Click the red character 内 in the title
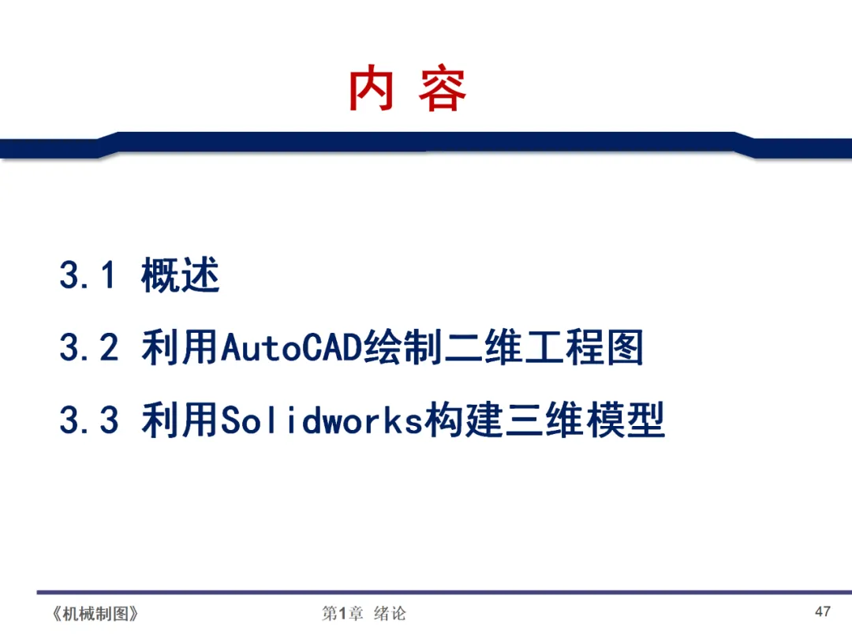[x=372, y=90]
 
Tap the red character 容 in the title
[x=442, y=90]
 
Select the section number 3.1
[x=88, y=276]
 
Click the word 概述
[x=181, y=276]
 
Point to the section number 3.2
[x=88, y=348]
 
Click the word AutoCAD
[x=291, y=348]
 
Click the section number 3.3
[x=88, y=420]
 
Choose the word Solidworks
[x=322, y=420]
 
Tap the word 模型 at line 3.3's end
[x=626, y=420]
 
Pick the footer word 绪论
[x=390, y=614]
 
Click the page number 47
[x=823, y=612]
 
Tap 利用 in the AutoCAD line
[x=181, y=348]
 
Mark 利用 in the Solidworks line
[x=181, y=420]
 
